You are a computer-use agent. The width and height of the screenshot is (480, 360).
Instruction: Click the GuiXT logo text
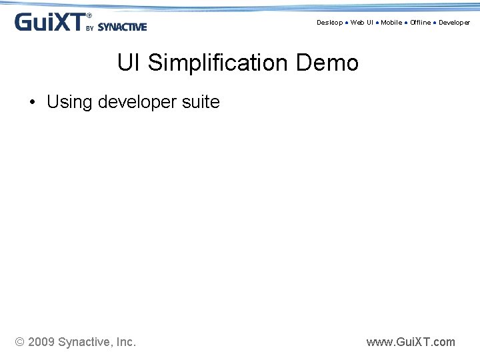[x=49, y=22]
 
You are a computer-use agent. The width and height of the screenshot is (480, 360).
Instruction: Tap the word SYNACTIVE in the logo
[x=122, y=27]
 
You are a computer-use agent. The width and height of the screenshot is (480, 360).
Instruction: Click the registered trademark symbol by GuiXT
[x=90, y=15]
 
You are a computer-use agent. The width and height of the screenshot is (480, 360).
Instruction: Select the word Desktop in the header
[x=329, y=23]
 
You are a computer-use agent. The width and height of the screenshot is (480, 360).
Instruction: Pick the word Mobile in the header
[x=391, y=23]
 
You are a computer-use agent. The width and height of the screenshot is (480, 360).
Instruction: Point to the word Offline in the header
[x=421, y=23]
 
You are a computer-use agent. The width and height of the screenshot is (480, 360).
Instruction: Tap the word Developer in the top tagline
[x=454, y=23]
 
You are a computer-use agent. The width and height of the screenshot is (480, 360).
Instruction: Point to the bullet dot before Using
[x=32, y=103]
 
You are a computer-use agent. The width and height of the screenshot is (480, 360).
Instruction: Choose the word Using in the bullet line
[x=69, y=102]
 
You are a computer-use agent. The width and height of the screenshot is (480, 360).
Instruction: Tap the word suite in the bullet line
[x=202, y=102]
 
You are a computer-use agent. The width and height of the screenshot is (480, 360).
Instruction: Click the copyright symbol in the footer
[x=20, y=343]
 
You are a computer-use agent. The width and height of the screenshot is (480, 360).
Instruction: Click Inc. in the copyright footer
[x=126, y=343]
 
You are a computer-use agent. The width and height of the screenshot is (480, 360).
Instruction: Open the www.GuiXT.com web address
[x=411, y=343]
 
